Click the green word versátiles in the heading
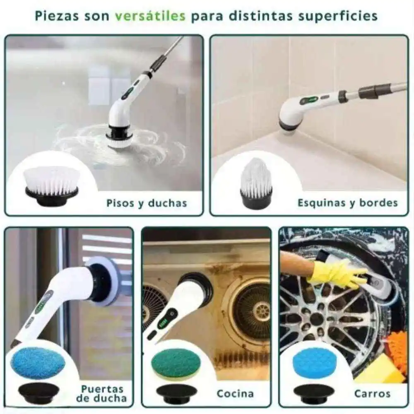150,16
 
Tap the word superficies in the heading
338,16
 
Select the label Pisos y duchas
147,203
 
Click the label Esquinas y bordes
348,203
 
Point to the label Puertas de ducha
102,393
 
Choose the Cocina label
235,394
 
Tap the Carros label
372,394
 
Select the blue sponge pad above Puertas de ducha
38,363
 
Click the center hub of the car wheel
317,319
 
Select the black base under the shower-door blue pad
39,393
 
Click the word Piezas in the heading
57,16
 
